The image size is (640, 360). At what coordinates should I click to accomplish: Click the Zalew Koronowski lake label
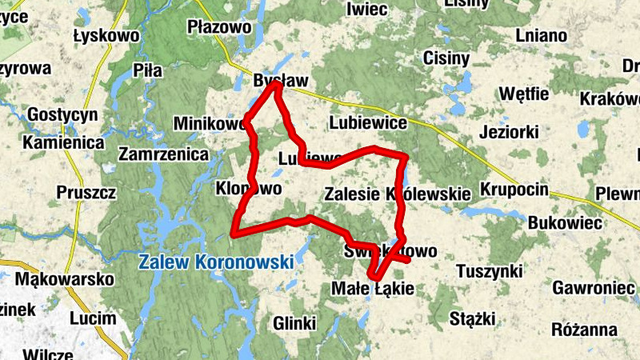point(215,262)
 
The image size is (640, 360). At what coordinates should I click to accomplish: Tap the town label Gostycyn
point(62,115)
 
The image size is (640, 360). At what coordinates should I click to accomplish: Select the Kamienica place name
point(64,142)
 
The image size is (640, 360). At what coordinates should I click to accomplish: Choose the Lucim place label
point(93,318)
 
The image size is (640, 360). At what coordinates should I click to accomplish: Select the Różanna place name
point(584,330)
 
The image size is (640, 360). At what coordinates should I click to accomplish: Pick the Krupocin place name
point(514,190)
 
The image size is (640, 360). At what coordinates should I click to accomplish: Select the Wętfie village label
point(523,94)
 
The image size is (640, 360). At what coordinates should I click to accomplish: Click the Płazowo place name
point(214,27)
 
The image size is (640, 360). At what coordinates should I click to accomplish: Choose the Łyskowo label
point(106,35)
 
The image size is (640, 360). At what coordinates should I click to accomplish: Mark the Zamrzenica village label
point(164,154)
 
